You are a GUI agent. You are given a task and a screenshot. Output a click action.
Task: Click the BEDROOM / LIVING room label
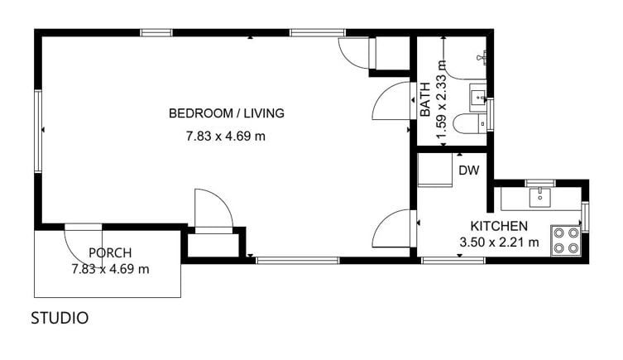coord(227,113)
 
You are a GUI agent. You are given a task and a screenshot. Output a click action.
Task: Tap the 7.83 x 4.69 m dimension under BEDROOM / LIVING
coord(226,137)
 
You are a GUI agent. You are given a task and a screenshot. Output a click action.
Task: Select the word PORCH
coord(110,252)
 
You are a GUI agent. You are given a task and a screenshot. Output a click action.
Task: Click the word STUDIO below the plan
coord(60,318)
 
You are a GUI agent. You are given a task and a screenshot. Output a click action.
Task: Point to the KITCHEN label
coord(499,226)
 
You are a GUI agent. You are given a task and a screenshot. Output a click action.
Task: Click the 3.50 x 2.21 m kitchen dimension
coord(499,242)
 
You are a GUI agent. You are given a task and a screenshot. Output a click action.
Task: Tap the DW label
coord(469,170)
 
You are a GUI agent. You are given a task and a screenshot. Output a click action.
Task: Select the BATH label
coord(425,99)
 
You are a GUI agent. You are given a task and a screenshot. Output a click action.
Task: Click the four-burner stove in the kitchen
coord(566,241)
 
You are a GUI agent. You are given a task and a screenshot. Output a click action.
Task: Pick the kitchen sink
coord(540,198)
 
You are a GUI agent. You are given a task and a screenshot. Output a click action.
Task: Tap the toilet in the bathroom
coord(470,123)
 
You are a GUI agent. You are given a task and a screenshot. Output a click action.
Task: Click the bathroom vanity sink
coord(478,98)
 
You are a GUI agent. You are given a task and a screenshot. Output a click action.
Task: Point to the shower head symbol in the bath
coord(482,57)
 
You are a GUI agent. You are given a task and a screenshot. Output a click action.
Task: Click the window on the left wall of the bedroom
coord(38,131)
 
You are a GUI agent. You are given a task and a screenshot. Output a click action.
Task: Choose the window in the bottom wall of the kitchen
coord(453,261)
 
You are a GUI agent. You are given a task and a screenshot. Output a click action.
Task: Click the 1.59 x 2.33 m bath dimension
coord(442,99)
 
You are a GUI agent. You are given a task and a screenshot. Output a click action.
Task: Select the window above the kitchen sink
coord(540,183)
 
